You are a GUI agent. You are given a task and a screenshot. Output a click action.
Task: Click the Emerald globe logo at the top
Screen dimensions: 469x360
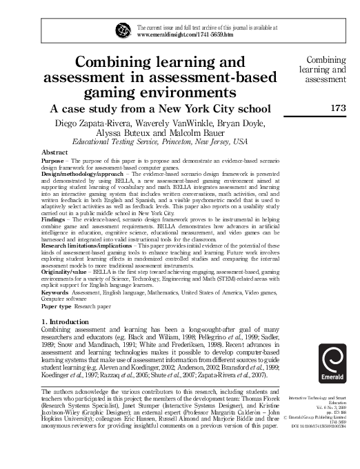tap(123, 29)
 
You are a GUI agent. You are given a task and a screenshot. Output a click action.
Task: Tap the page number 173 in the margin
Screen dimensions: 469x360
tap(337, 108)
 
